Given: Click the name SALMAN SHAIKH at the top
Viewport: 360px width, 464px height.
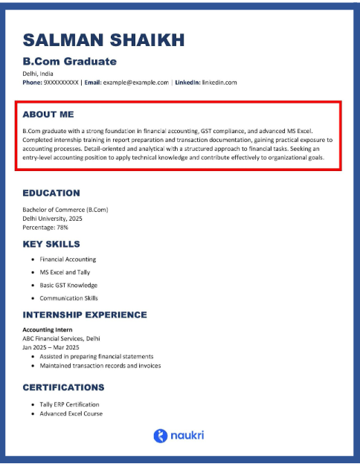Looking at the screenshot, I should pyautogui.click(x=103, y=39).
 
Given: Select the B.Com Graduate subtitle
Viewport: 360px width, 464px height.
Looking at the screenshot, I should pyautogui.click(x=69, y=61).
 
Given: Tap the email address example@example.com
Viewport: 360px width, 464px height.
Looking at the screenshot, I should pyautogui.click(x=135, y=82).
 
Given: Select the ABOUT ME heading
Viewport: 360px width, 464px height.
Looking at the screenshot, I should pyautogui.click(x=48, y=115).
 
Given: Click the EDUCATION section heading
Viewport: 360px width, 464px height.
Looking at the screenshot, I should pyautogui.click(x=51, y=193).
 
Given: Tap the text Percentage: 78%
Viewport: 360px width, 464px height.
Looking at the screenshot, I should pyautogui.click(x=45, y=228).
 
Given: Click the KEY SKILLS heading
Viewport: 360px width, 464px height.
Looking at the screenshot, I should pyautogui.click(x=51, y=244).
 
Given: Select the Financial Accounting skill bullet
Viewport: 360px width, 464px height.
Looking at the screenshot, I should pyautogui.click(x=68, y=260).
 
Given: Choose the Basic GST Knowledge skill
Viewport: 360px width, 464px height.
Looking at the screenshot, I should pyautogui.click(x=68, y=285).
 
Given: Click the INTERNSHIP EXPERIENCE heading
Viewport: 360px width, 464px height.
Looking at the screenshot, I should pyautogui.click(x=85, y=315).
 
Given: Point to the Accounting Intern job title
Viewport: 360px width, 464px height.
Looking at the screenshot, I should pyautogui.click(x=48, y=329).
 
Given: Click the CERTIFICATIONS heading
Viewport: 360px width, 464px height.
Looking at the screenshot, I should pyautogui.click(x=63, y=387).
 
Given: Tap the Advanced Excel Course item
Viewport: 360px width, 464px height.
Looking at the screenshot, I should pyautogui.click(x=71, y=413).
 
